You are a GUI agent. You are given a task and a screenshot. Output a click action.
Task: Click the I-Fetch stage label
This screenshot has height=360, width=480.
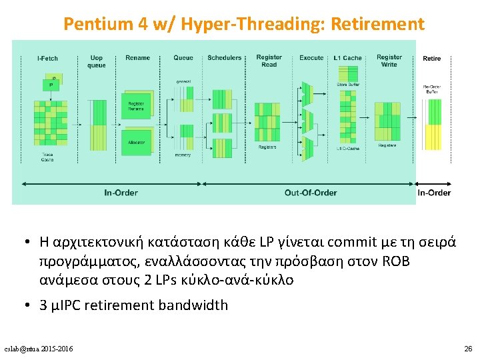coord(47,58)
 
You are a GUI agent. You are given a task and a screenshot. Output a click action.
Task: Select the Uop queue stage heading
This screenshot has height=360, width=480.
coord(97,61)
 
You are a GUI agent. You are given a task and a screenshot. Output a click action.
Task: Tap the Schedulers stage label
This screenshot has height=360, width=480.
coord(224,58)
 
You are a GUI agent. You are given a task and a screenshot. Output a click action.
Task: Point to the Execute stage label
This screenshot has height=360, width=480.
coord(311,58)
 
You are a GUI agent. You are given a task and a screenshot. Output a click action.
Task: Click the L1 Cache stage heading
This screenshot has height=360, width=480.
coord(347,58)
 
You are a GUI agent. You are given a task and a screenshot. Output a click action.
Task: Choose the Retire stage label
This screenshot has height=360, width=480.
coord(431,59)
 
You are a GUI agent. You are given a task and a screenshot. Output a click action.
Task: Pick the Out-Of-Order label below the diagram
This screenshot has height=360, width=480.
coord(311,193)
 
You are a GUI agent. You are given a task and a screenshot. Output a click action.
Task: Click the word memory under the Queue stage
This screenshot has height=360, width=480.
coord(183,155)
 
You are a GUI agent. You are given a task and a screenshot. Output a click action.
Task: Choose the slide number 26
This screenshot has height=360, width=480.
coord(467,349)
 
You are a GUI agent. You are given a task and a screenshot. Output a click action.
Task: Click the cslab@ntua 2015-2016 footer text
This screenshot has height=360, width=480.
coord(39,349)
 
